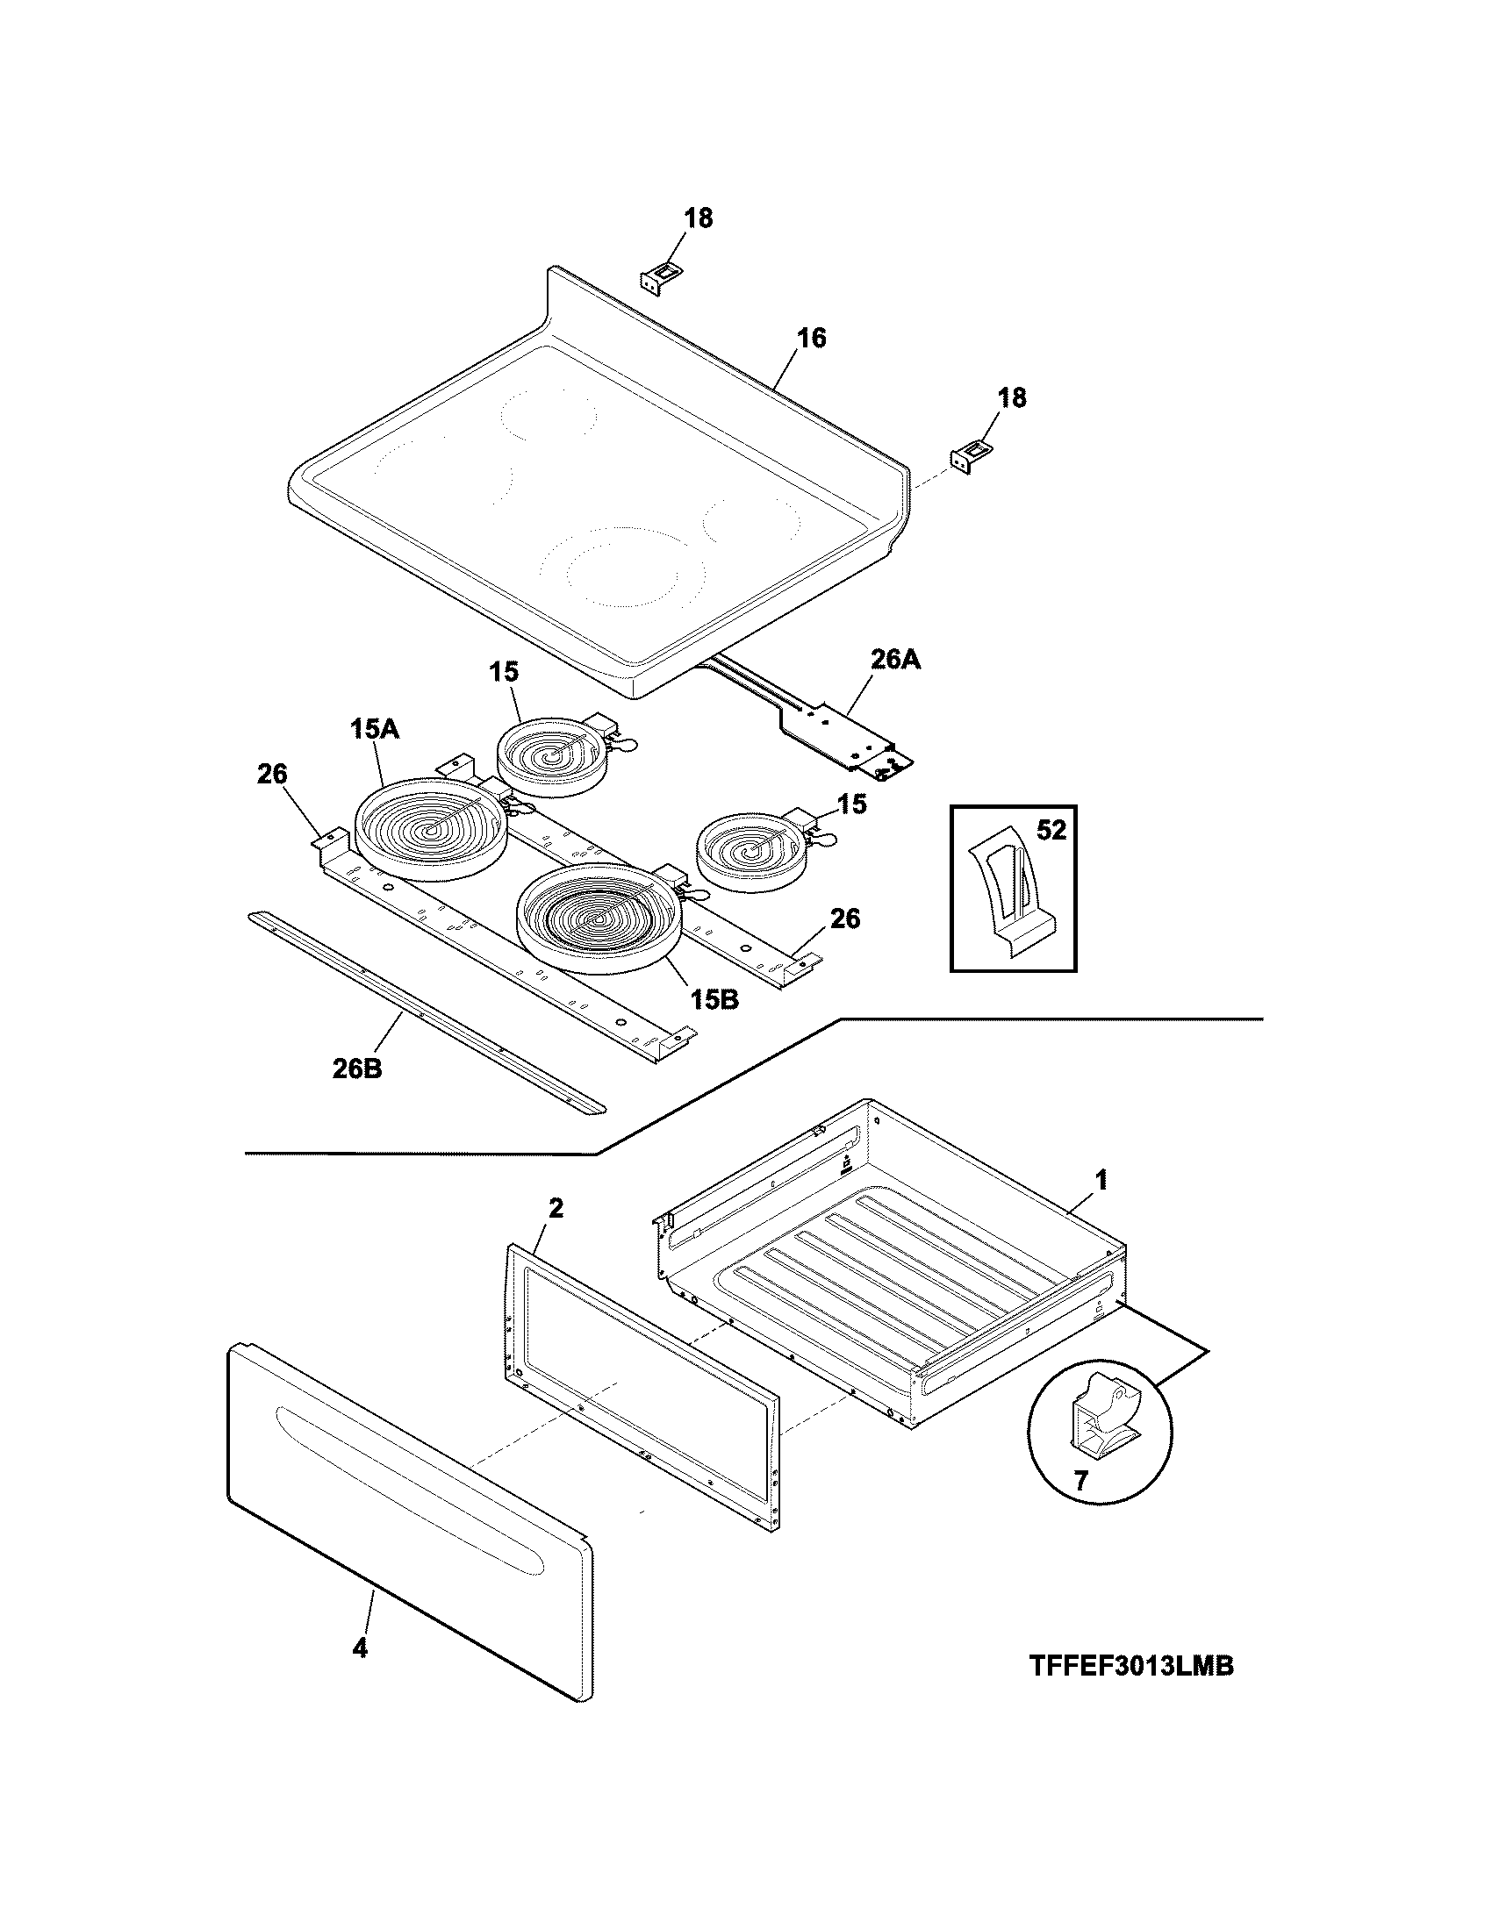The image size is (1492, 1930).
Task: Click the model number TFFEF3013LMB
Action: (x=1130, y=1667)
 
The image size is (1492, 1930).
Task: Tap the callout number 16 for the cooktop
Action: (x=811, y=338)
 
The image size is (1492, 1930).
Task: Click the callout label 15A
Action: (x=376, y=729)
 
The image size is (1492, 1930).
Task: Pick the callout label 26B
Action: (x=358, y=1069)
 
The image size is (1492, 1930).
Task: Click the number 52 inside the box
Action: (x=1051, y=831)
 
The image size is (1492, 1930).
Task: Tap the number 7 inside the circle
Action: (x=1080, y=1480)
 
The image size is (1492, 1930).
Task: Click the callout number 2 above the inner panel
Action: (x=555, y=1208)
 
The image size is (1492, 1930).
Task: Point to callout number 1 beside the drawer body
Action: (x=1101, y=1179)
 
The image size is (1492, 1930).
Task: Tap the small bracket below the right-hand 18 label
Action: (x=968, y=458)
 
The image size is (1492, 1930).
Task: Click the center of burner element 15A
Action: (x=431, y=829)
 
